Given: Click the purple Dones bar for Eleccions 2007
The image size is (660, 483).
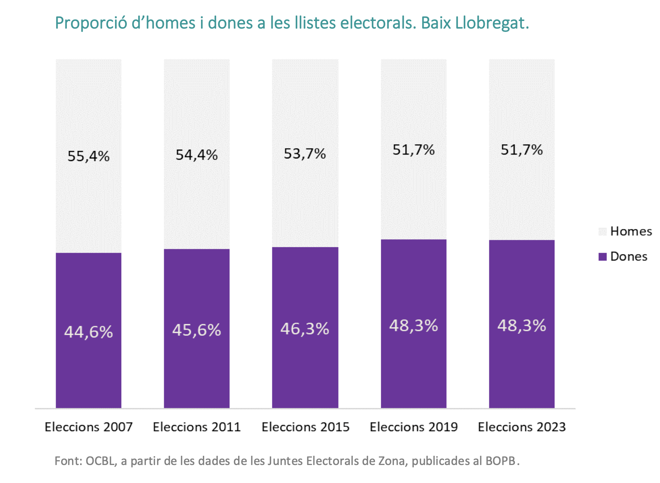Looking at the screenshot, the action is pyautogui.click(x=89, y=330).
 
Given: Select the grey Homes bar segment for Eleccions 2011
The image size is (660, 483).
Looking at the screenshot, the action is pyautogui.click(x=197, y=154).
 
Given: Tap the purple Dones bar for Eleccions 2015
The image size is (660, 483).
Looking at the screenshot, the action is pyautogui.click(x=305, y=328).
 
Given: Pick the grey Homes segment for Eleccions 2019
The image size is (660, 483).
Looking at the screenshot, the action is pyautogui.click(x=413, y=149).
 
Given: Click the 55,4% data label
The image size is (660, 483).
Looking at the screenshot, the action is pyautogui.click(x=89, y=156).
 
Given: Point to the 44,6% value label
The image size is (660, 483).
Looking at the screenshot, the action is pyautogui.click(x=89, y=332).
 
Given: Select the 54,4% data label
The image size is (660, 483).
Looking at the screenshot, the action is pyautogui.click(x=197, y=155).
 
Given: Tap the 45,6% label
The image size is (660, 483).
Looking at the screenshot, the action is pyautogui.click(x=197, y=330).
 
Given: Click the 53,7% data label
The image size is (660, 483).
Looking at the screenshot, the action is pyautogui.click(x=305, y=154).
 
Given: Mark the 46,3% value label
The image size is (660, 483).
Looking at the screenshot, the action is pyautogui.click(x=305, y=329).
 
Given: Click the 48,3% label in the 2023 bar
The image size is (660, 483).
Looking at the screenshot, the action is pyautogui.click(x=522, y=325).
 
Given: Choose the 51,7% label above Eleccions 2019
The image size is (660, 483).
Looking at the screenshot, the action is pyautogui.click(x=413, y=150).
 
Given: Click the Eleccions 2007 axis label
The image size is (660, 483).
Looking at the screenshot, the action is pyautogui.click(x=89, y=427).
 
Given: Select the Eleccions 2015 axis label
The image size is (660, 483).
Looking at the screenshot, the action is pyautogui.click(x=305, y=427).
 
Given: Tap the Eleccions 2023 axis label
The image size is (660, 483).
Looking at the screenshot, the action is pyautogui.click(x=522, y=427).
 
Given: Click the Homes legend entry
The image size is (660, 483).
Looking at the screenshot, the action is pyautogui.click(x=625, y=231).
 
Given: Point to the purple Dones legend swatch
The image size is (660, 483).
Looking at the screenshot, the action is pyautogui.click(x=602, y=256).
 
